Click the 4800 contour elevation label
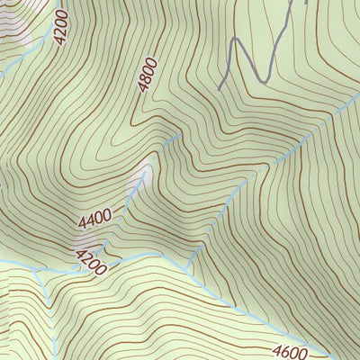tap(148, 74)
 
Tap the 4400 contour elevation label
tap(94, 217)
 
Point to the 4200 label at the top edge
tap(60, 28)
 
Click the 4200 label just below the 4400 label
tap(90, 261)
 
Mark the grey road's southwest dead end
tap(220, 89)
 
